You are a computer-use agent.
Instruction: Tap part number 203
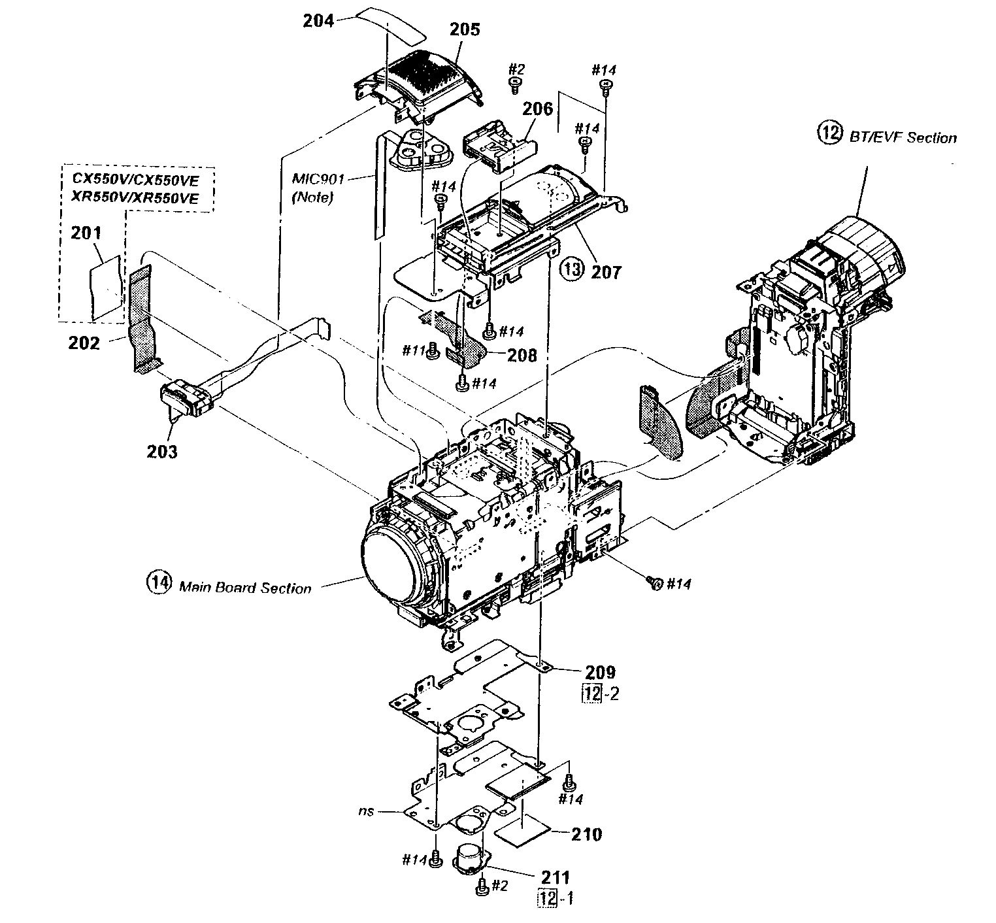tap(161, 451)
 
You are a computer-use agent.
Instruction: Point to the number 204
tap(319, 20)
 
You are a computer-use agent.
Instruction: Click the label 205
tap(465, 29)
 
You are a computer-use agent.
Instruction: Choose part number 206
tap(537, 109)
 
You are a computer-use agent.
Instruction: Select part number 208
tap(522, 355)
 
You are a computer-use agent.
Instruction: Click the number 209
tap(600, 671)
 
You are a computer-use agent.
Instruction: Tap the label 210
tap(586, 834)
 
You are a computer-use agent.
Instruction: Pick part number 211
tap(555, 877)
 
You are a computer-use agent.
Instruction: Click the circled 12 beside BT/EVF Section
tap(828, 133)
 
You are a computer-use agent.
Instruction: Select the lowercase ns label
tap(366, 811)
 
